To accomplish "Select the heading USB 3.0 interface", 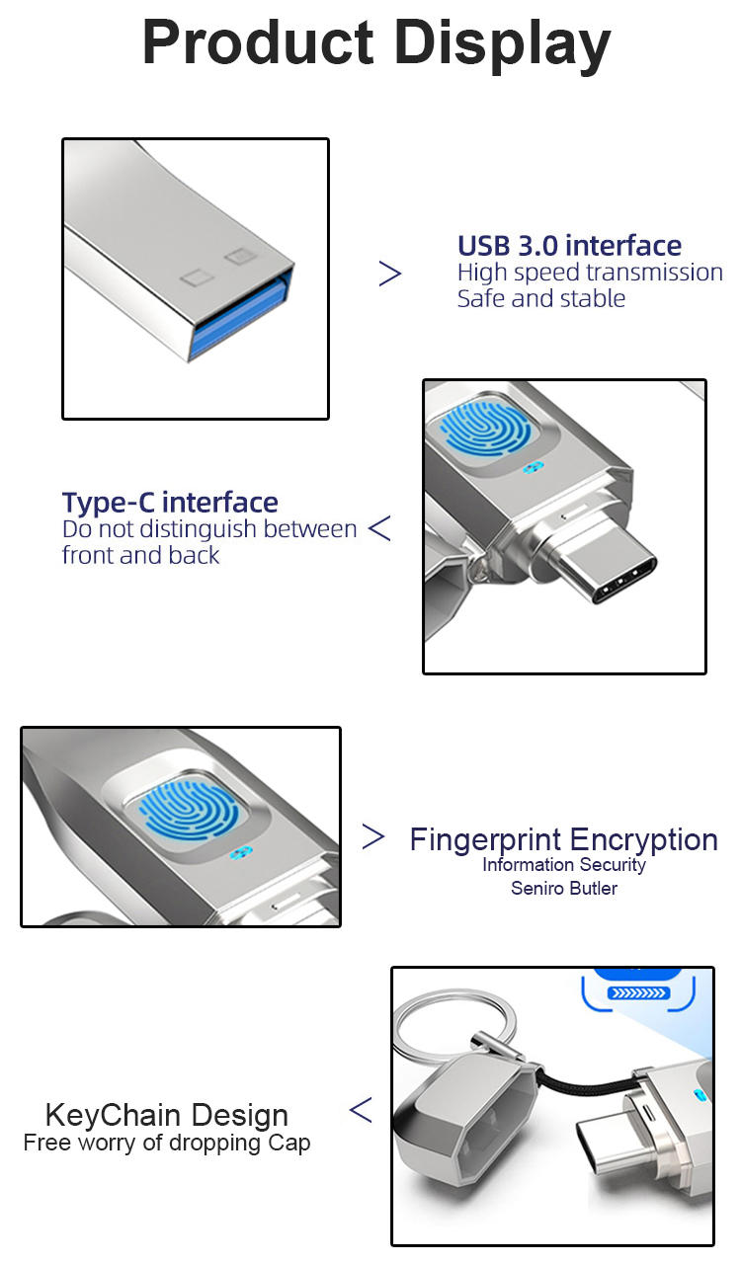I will (569, 246).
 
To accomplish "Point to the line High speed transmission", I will (590, 273).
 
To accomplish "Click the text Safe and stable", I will (540, 298).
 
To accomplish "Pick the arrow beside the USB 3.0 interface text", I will (390, 274).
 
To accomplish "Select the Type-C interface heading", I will (170, 503).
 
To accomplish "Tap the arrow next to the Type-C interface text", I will (379, 528).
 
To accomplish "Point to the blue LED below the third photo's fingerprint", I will (238, 853).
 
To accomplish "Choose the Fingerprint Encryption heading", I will (563, 840).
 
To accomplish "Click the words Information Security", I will (564, 865).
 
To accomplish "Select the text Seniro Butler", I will (564, 889).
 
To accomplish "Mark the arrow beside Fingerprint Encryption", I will (372, 837).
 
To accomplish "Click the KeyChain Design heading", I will (167, 1116).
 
